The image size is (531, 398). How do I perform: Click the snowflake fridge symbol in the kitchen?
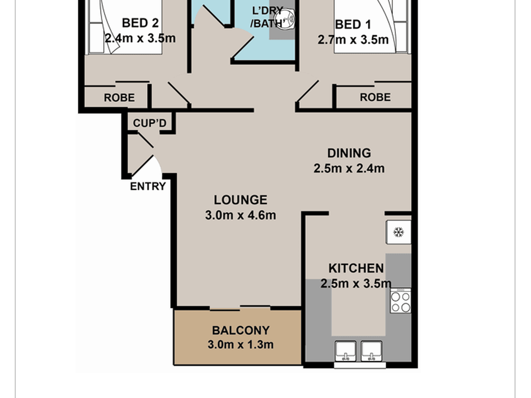(x=399, y=232)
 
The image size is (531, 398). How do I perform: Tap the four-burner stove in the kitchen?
(x=400, y=301)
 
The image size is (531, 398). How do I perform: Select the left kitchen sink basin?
(x=346, y=351)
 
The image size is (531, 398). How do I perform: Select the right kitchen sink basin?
(x=371, y=351)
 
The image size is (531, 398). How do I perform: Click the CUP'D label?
(x=150, y=123)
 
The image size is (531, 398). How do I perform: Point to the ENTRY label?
(x=148, y=186)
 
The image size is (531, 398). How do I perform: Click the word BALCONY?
(x=241, y=330)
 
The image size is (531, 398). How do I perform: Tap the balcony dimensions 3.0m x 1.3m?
(x=241, y=344)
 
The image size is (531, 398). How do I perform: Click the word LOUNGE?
(x=241, y=200)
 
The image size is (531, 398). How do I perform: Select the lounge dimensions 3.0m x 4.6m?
(x=241, y=215)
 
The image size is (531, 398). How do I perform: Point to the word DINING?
(x=349, y=153)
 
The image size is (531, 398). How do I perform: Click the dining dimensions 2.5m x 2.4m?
(x=349, y=168)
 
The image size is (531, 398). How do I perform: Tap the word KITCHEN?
(x=356, y=268)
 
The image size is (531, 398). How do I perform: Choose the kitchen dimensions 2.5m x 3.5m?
(x=356, y=283)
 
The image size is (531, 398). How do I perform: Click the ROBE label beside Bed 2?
(x=119, y=98)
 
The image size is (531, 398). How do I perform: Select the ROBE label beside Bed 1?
(x=375, y=97)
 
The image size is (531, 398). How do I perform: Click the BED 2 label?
(x=140, y=23)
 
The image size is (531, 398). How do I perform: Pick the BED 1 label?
(x=353, y=25)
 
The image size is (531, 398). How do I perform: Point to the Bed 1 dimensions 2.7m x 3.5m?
(x=353, y=40)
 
